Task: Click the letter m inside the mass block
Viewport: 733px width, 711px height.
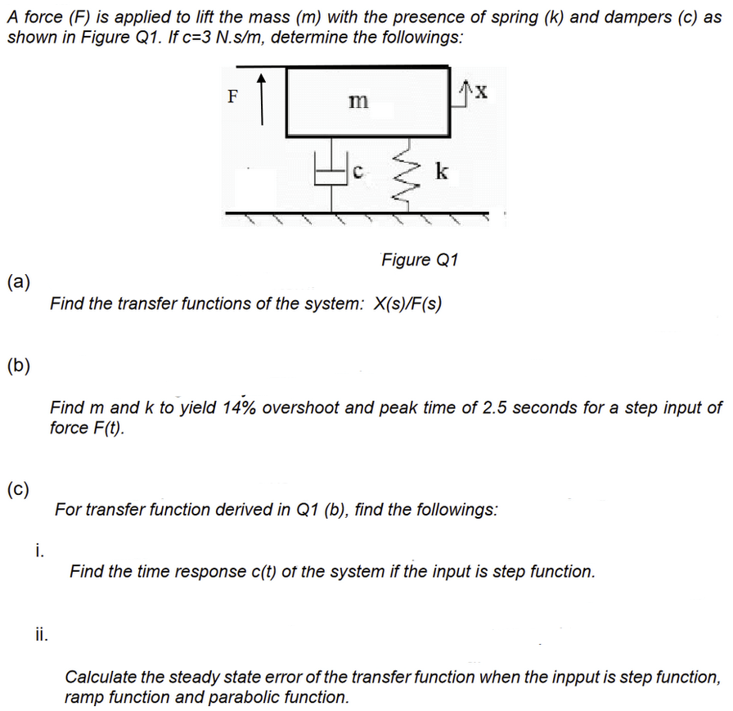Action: tap(358, 101)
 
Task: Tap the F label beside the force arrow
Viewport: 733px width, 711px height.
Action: tap(232, 96)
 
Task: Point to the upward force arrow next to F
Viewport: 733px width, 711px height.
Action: tap(262, 99)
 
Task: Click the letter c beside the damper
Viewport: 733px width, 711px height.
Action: tap(358, 172)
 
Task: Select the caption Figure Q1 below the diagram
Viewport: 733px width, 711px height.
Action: tap(420, 260)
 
